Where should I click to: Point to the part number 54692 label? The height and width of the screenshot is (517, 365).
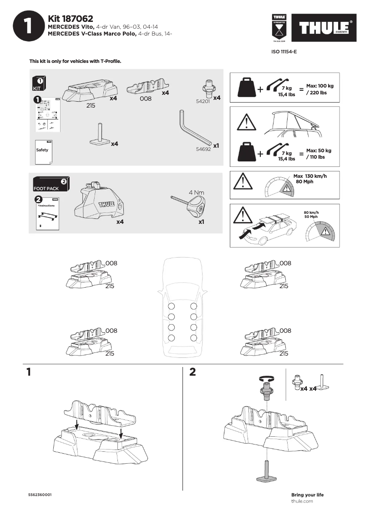[x=203, y=149]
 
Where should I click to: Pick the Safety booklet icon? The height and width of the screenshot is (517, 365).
[x=43, y=150]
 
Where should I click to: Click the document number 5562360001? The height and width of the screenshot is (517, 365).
[x=40, y=495]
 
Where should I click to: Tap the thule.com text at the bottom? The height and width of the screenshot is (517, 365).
[x=302, y=501]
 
